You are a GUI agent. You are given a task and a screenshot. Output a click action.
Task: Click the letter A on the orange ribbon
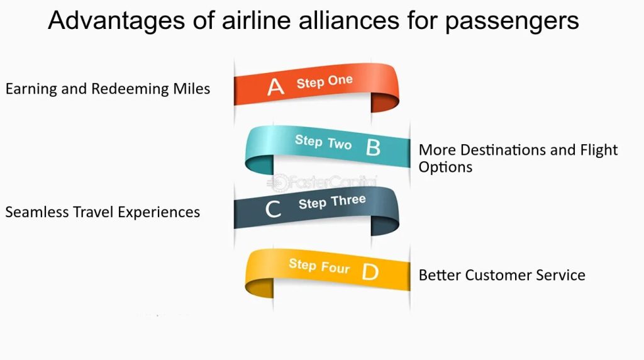pos(275,87)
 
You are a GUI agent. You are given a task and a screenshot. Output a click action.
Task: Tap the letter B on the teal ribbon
pos(373,147)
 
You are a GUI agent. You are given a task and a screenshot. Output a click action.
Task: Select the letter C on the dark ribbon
pos(273,209)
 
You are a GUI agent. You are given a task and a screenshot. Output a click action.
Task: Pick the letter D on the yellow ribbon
pos(370,272)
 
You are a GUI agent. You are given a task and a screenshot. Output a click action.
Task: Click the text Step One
pos(325,82)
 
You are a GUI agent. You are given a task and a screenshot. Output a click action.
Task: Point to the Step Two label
pos(323,142)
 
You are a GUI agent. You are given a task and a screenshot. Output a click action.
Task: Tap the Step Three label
pos(332,202)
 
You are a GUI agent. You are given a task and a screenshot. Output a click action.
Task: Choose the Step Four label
pos(319,266)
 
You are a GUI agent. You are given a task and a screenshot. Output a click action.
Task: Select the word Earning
pos(31,89)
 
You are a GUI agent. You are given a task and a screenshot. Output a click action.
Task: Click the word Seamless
pos(37,212)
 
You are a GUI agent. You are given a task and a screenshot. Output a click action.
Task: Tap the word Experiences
pos(159,213)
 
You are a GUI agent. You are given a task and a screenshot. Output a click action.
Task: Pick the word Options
pos(446,167)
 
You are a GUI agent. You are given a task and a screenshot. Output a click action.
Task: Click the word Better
pos(440,275)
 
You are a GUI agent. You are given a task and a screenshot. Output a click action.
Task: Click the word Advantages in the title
pos(116,21)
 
